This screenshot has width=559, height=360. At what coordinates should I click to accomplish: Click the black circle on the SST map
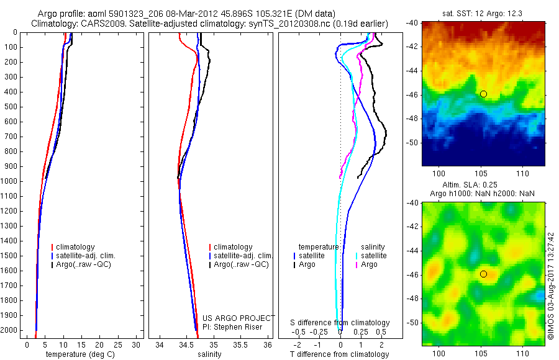[x=483, y=94]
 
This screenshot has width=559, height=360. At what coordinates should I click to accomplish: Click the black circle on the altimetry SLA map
[x=483, y=274]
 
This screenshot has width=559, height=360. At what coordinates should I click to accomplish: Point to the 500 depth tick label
[x=11, y=107]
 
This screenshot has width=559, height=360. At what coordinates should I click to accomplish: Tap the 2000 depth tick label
[x=9, y=331]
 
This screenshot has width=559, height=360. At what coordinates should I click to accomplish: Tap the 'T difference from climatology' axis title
[x=340, y=354]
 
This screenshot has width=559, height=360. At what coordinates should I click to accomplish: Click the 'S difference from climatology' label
[x=340, y=323]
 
